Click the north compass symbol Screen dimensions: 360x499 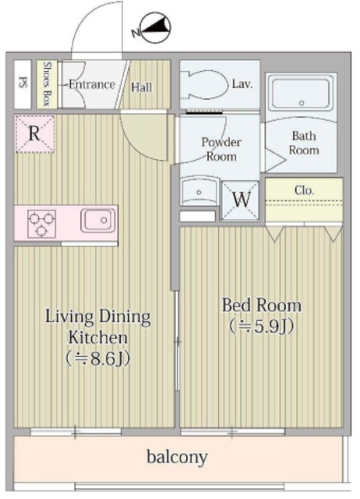153,28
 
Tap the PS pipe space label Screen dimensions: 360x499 23,82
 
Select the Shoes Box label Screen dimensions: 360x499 47,84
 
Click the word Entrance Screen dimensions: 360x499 92,84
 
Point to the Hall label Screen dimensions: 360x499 142,87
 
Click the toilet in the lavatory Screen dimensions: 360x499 205,84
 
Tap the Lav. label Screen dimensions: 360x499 242,83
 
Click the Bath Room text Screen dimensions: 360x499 304,143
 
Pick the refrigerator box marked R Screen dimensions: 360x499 34,133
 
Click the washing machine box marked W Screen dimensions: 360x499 241,200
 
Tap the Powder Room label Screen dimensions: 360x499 221,149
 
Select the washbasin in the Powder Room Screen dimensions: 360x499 199,191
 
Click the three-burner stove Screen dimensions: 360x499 41,224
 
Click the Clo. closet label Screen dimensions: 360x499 304,190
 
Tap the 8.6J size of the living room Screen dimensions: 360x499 97,359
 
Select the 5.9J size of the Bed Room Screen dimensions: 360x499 261,326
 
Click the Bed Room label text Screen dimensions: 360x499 261,305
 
